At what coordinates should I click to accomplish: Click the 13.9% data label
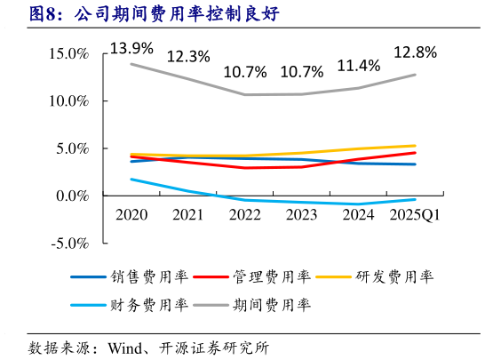click(x=131, y=46)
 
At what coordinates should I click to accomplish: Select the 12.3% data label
click(x=188, y=56)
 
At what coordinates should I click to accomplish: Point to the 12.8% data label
click(x=415, y=52)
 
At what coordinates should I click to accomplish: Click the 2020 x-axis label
click(x=131, y=214)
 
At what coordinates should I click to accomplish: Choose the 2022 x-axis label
click(x=244, y=214)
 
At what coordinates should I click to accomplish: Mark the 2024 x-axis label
click(x=358, y=214)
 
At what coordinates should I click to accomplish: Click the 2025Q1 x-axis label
click(x=415, y=214)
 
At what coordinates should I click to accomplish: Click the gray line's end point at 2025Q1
click(x=415, y=75)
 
